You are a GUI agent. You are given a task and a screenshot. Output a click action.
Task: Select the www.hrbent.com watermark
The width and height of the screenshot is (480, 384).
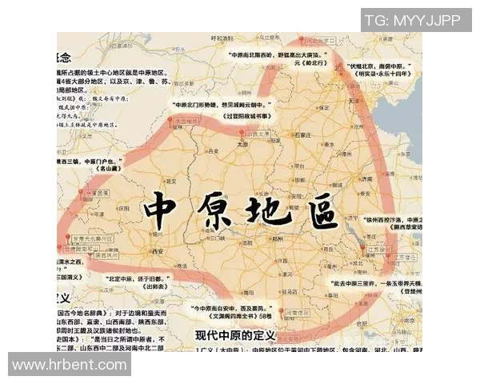(x=68, y=364)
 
